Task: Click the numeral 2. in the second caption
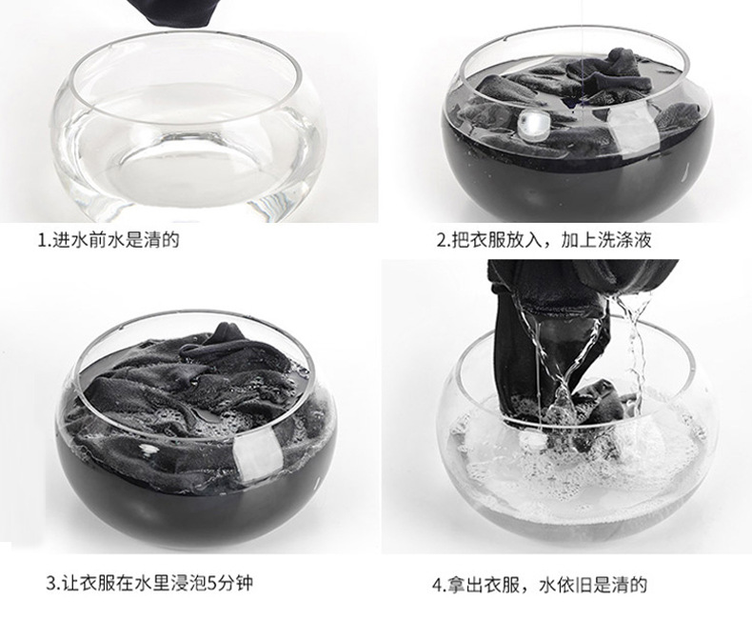pos(443,239)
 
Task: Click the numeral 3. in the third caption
pos(52,583)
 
